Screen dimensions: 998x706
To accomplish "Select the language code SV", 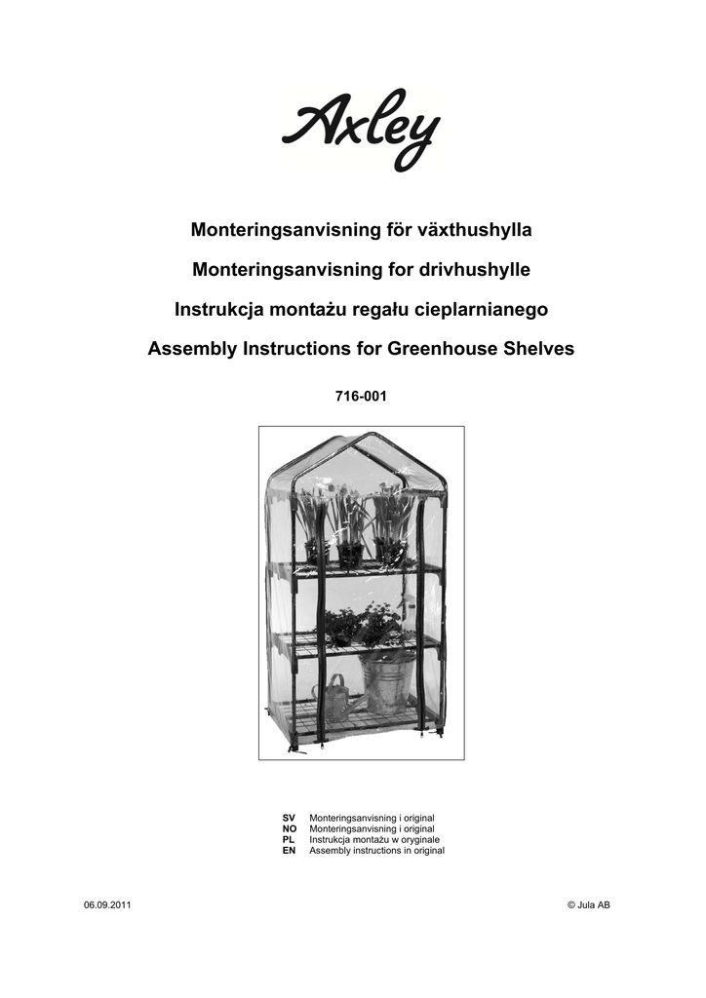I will tap(289, 818).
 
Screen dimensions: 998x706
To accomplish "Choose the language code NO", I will tap(289, 828).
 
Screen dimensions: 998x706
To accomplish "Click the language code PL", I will tap(288, 839).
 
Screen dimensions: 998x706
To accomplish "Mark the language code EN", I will tap(289, 850).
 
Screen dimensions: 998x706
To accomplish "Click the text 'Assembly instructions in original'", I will tap(376, 850).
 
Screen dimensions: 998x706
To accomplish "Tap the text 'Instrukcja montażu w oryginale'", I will tap(374, 839).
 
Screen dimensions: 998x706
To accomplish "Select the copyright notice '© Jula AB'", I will tap(588, 905).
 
